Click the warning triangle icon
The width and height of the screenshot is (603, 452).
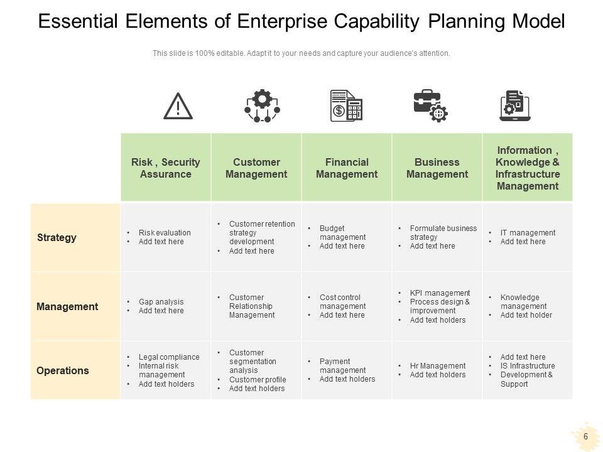[x=178, y=106]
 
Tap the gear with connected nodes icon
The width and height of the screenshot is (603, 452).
[x=261, y=105]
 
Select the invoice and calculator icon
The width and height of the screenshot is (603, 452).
[x=346, y=105]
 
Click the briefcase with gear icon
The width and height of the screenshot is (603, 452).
[x=430, y=105]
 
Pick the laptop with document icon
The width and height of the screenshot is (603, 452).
[x=515, y=105]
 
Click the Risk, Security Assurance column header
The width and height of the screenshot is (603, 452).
[x=165, y=168]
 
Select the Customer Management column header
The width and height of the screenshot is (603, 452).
[x=256, y=168]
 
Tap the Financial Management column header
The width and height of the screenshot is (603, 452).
[x=347, y=168]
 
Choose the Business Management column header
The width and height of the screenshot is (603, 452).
[x=437, y=168]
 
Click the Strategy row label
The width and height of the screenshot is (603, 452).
[x=57, y=237]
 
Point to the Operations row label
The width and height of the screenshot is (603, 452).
[x=63, y=370]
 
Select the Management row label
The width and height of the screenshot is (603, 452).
[x=67, y=307]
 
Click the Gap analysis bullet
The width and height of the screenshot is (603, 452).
[x=161, y=302]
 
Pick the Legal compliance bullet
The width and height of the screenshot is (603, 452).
[x=168, y=357]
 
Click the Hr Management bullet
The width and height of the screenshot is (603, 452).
[x=437, y=366]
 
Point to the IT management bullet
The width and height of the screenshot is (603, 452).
[x=528, y=233]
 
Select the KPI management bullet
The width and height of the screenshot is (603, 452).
[x=440, y=293]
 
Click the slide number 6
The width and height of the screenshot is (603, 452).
[x=585, y=436]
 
